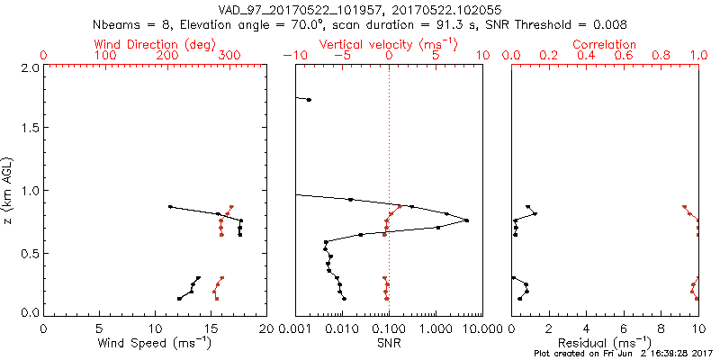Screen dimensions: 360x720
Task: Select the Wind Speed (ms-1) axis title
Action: point(155,344)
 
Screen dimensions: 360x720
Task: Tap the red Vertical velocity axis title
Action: point(388,44)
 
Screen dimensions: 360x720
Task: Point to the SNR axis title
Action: point(388,344)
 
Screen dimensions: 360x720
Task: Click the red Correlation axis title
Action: point(604,44)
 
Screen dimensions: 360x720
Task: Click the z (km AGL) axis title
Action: point(9,190)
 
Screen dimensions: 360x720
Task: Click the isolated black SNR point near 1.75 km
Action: point(309,100)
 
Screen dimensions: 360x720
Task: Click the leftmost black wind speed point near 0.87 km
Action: point(169,206)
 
